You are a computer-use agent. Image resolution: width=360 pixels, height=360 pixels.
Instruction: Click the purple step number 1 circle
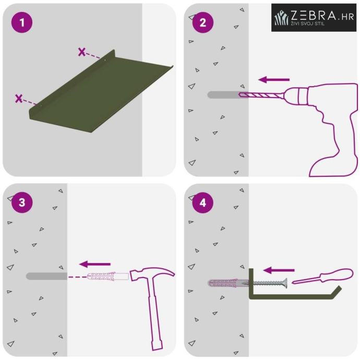(22, 22)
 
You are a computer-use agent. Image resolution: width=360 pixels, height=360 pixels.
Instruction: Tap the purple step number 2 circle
(203, 22)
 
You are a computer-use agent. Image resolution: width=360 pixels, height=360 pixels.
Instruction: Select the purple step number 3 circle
(22, 202)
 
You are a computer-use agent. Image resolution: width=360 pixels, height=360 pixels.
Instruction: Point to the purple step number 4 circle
(203, 202)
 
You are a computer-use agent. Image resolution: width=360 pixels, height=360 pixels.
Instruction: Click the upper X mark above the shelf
(82, 52)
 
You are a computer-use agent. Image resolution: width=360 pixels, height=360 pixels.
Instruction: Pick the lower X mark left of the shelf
(19, 99)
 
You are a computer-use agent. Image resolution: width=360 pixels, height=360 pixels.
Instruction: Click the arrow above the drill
(274, 80)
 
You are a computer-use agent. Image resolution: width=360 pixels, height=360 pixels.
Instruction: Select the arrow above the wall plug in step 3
(95, 264)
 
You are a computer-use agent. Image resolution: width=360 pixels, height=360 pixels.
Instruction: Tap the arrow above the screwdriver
(279, 270)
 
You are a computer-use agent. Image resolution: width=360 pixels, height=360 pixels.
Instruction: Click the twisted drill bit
(260, 95)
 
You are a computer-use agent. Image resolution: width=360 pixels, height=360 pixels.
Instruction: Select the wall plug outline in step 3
(108, 277)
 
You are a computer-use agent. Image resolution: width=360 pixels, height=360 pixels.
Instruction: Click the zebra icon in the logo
(282, 17)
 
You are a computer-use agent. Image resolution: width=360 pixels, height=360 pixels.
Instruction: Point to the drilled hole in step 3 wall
(46, 276)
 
